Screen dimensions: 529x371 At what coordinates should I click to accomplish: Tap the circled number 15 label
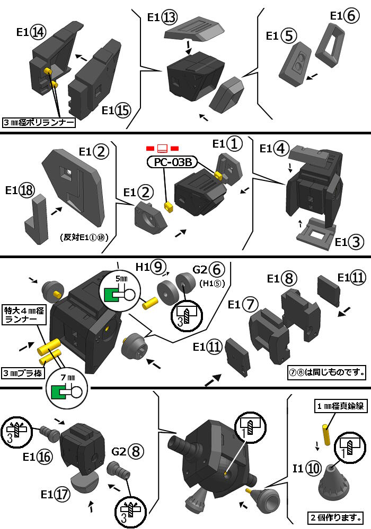(123, 111)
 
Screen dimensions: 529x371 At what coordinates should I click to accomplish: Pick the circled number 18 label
(26, 191)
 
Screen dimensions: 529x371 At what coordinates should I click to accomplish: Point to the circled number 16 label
(45, 457)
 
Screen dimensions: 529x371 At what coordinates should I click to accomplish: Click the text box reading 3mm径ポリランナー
(38, 123)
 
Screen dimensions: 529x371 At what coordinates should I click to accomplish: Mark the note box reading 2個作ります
(335, 517)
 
